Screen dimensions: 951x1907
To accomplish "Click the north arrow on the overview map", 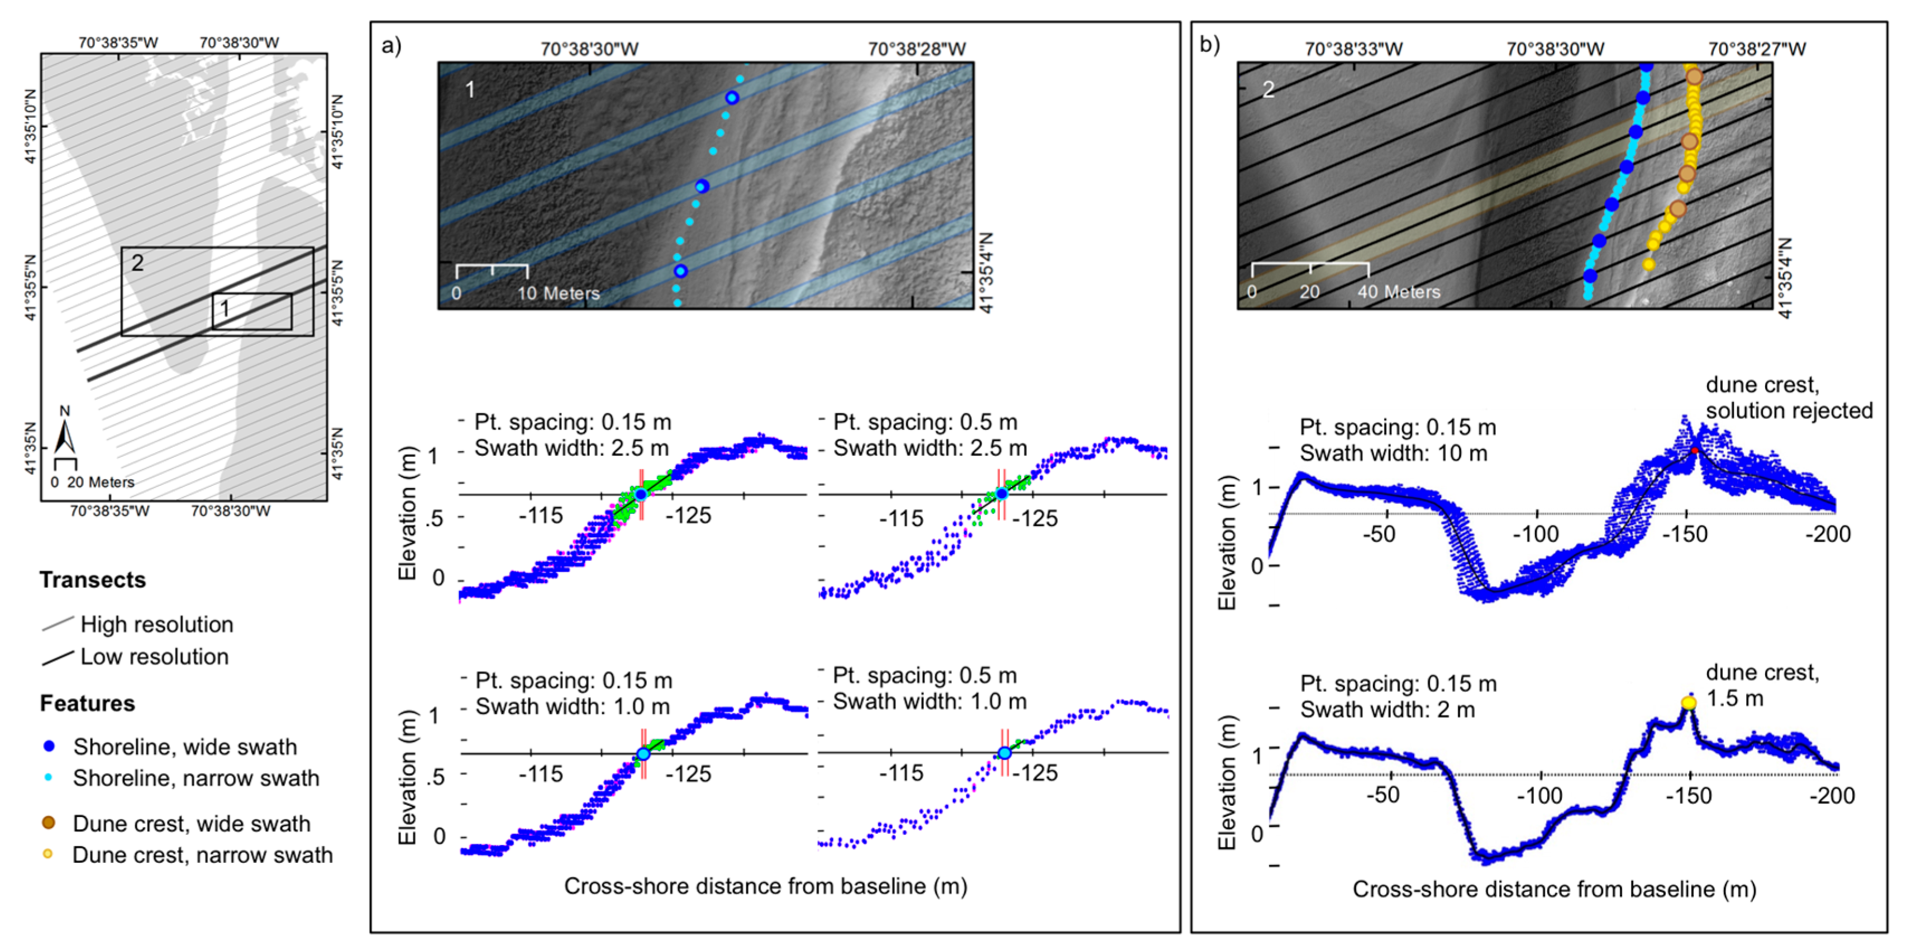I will [x=66, y=435].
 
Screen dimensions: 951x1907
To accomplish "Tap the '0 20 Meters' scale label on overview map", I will [x=93, y=482].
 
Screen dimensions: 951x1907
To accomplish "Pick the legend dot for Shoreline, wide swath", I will [x=49, y=746].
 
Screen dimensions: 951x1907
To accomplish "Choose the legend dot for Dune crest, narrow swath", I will [x=48, y=854].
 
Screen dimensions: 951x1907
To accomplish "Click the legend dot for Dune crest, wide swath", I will [x=49, y=823].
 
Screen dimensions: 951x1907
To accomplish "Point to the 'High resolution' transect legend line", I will [x=58, y=624].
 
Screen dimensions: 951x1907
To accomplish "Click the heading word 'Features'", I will [x=87, y=703].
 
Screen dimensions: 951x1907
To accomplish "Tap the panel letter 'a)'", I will [x=391, y=46].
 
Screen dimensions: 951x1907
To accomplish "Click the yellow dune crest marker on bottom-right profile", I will [x=1689, y=703].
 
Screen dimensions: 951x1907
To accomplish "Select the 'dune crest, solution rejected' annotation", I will [x=1789, y=398].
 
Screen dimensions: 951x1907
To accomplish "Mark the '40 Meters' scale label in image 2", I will [x=1399, y=291].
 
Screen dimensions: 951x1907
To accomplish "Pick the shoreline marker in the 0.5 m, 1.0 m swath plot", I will [x=1004, y=753].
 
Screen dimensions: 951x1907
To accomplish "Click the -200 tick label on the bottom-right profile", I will [x=1832, y=796].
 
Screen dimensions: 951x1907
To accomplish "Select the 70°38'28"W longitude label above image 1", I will [x=917, y=49].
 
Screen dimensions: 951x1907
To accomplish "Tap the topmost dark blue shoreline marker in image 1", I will [x=731, y=98].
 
